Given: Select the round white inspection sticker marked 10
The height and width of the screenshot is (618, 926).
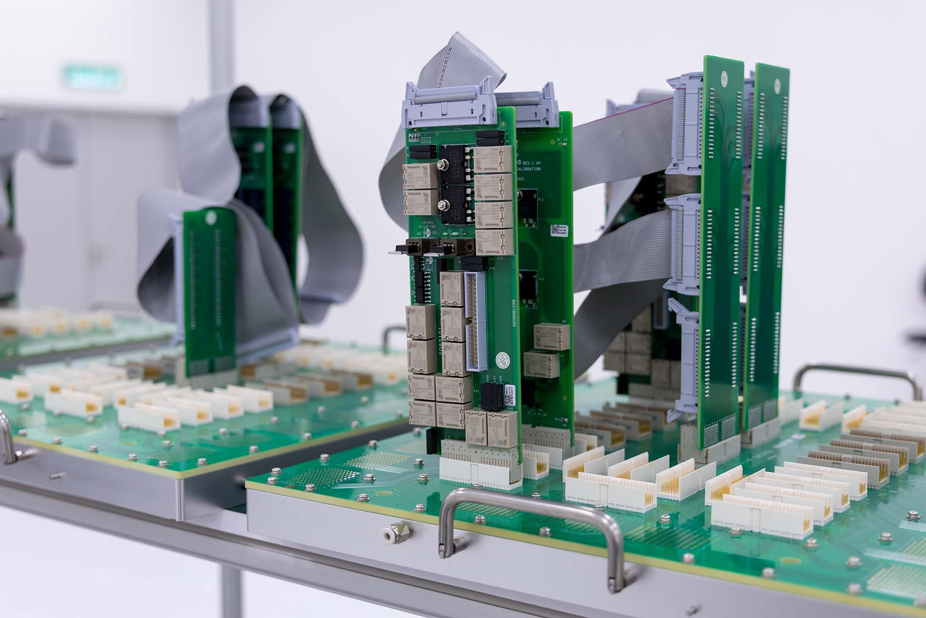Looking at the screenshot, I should tap(503, 359).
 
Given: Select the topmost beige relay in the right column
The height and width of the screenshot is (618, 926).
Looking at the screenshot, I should tap(492, 159).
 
